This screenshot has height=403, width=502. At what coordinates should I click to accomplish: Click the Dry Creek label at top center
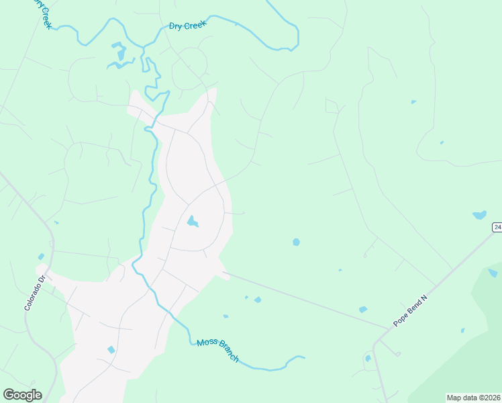click(x=187, y=26)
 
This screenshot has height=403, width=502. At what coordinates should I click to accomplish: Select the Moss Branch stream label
click(x=217, y=351)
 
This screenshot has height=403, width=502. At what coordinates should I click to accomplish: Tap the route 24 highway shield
click(x=497, y=227)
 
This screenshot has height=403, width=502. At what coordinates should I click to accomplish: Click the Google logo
click(x=22, y=394)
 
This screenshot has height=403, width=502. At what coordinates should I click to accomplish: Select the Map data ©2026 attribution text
click(x=473, y=397)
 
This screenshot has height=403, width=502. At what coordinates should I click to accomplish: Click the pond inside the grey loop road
click(x=192, y=221)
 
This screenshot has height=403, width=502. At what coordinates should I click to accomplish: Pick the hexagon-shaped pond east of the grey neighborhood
click(x=296, y=242)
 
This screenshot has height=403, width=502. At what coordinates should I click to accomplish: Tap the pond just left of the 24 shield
click(x=479, y=215)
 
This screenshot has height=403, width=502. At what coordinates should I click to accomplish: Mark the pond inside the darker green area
click(x=493, y=273)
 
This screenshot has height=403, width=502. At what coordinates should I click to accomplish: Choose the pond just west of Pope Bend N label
click(x=363, y=309)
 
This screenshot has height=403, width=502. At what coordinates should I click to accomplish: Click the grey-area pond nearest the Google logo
click(x=111, y=350)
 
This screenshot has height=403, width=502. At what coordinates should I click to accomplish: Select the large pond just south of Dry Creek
click(x=119, y=53)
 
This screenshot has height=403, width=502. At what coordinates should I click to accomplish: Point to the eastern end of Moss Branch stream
click(x=304, y=357)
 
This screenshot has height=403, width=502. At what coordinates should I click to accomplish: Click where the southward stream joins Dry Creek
click(x=142, y=46)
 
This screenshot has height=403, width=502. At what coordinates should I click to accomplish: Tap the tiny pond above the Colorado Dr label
click(x=41, y=257)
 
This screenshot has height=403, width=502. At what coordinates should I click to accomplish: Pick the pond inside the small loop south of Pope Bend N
click(x=368, y=358)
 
